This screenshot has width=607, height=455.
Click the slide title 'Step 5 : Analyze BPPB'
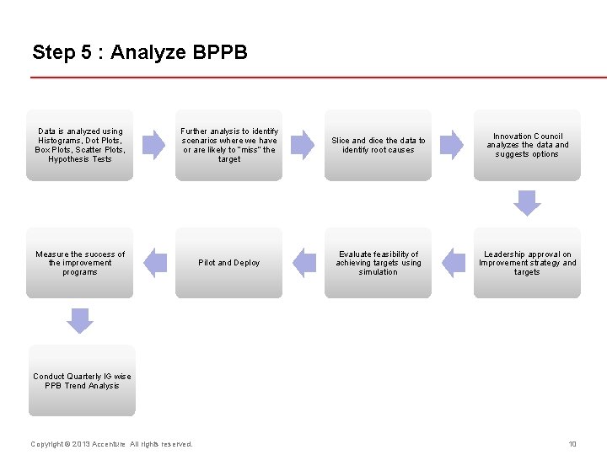(x=140, y=52)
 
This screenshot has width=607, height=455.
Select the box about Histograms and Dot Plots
(x=80, y=145)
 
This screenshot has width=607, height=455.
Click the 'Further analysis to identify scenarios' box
(x=229, y=145)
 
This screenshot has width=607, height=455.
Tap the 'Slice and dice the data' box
(x=378, y=145)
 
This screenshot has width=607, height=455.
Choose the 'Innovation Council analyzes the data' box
(x=527, y=145)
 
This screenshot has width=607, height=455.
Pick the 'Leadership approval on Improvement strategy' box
(x=527, y=263)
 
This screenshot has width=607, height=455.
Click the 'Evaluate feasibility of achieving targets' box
(x=378, y=263)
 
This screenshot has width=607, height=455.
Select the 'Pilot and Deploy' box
(x=229, y=263)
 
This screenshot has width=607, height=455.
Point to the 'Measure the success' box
(x=80, y=263)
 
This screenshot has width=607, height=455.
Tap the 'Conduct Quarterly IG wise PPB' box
(x=82, y=381)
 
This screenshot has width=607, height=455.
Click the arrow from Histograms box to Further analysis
(x=153, y=145)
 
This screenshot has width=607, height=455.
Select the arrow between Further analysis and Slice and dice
(x=303, y=145)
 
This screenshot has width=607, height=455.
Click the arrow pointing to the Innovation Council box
(x=452, y=145)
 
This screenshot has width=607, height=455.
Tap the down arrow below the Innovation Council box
(x=527, y=203)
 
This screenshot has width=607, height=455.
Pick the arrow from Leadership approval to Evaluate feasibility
(x=453, y=263)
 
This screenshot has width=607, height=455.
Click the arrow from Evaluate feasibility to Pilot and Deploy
(x=303, y=263)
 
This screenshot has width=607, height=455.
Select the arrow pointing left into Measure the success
(x=155, y=263)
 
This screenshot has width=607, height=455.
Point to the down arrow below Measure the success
(x=80, y=321)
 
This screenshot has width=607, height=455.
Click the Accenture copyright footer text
(x=111, y=444)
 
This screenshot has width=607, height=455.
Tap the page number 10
(x=572, y=444)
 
